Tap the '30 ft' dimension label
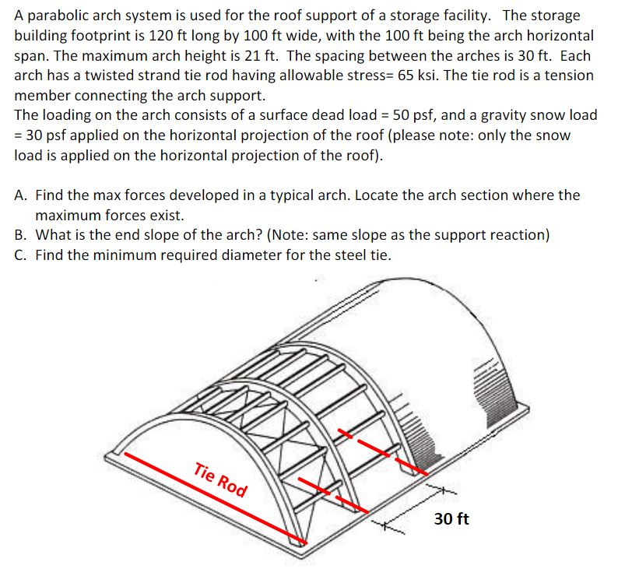(x=451, y=518)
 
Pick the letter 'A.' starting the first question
(x=23, y=195)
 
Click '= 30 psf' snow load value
(x=39, y=135)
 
